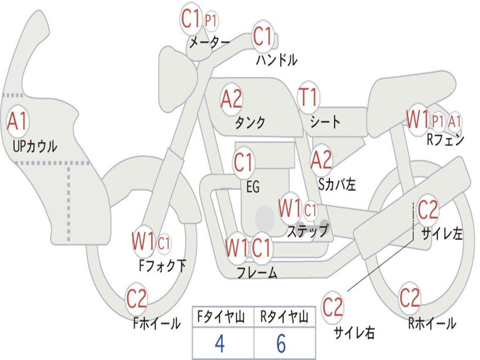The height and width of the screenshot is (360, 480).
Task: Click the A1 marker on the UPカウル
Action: [18, 121]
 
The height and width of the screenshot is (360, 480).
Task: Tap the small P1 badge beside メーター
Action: [211, 21]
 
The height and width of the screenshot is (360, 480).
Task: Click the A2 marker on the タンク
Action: [232, 99]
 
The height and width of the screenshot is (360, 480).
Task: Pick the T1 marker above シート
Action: [308, 97]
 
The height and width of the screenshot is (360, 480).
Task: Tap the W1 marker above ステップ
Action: [289, 209]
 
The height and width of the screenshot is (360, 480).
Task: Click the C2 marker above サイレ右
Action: [332, 307]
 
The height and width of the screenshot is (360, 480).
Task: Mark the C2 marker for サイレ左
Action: [427, 210]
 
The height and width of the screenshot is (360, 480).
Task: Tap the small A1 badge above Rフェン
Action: [455, 121]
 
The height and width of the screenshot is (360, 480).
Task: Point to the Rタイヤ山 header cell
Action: [284, 318]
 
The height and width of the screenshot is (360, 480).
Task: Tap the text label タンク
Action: [250, 123]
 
